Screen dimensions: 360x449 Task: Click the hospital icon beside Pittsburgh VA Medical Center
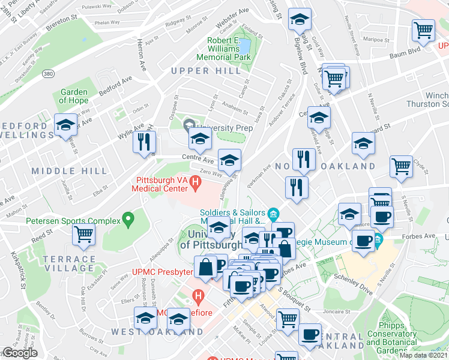click(x=195, y=181)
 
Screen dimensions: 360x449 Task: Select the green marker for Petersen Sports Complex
click(x=127, y=220)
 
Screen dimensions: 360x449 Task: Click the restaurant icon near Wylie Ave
click(x=144, y=142)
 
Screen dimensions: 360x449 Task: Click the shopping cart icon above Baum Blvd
click(x=424, y=31)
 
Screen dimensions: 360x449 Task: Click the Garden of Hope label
click(x=74, y=96)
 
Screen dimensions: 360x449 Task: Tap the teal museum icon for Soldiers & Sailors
click(x=274, y=214)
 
